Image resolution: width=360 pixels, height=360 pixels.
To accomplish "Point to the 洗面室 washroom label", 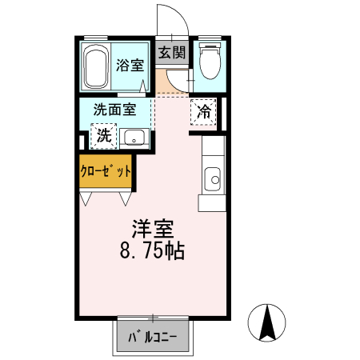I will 114,110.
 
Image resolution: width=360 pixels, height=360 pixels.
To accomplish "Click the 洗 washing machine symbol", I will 103,136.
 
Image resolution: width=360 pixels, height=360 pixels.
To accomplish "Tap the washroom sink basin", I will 134,138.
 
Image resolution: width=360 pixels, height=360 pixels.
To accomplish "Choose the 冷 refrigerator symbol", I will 204,113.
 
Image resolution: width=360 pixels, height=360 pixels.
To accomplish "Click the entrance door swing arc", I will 170,20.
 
